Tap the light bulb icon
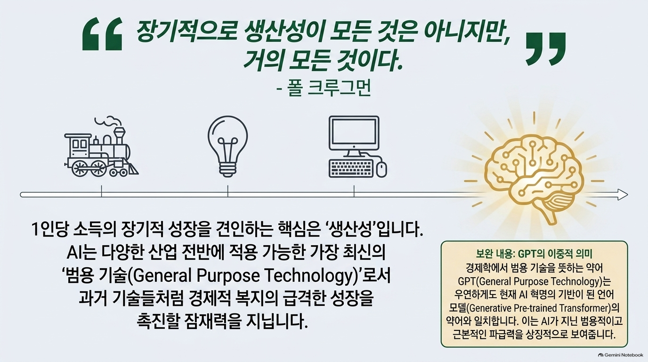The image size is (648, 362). (x=227, y=146)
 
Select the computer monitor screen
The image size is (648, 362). (x=354, y=133)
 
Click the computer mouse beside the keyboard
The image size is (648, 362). (x=381, y=169)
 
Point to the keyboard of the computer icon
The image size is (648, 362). (x=351, y=168)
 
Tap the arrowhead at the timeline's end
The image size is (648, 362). (x=622, y=194)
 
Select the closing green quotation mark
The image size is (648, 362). (x=545, y=49)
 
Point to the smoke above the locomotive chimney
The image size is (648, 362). (x=108, y=122)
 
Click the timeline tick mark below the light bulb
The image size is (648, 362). (x=227, y=191)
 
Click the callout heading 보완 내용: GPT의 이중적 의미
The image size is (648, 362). (x=535, y=254)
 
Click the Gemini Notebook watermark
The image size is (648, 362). (x=621, y=355)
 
